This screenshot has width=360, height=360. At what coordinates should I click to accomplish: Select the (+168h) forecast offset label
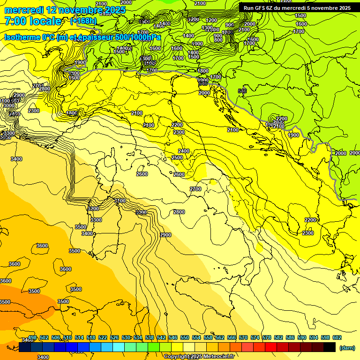(83, 21)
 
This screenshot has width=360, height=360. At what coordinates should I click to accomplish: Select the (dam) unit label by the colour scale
(347, 348)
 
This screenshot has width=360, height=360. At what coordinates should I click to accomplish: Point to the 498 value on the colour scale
(32, 337)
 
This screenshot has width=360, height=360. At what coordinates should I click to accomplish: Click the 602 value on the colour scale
(337, 337)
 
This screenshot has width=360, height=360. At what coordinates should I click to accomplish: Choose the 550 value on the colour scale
(185, 337)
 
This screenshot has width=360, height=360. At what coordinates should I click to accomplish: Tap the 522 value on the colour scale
(103, 337)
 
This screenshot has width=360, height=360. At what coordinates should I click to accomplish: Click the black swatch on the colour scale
(330, 347)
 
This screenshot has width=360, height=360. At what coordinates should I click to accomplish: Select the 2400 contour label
(184, 151)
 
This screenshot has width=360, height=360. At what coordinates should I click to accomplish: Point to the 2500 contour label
(177, 158)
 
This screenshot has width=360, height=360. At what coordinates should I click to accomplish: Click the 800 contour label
(218, 40)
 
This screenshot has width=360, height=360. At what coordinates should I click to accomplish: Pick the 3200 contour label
(93, 209)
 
